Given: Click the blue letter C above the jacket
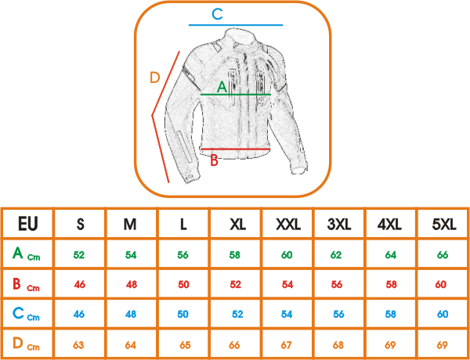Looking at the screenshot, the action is [x=217, y=14].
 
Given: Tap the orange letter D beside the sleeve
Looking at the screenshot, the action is [x=154, y=78].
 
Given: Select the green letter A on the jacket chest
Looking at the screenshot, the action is [x=222, y=87].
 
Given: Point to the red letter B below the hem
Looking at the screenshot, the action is [x=214, y=160].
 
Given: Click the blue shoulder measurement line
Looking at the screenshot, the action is [x=236, y=25].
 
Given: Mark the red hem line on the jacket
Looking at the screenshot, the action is [x=235, y=149].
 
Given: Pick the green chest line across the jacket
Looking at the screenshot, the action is [x=236, y=95].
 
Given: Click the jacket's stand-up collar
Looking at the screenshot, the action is [x=240, y=38].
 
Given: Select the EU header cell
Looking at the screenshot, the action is [x=28, y=224].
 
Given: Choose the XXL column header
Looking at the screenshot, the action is [x=288, y=224].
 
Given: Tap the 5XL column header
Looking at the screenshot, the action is [x=444, y=224].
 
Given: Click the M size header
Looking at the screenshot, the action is [x=130, y=224].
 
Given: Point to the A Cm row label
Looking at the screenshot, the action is [x=26, y=254].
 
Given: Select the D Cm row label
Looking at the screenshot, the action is [x=26, y=344].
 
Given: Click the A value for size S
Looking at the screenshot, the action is [x=79, y=255].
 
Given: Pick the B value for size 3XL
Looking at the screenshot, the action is [x=337, y=284].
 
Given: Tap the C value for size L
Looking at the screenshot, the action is [x=183, y=314].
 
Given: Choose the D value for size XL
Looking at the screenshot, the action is [x=234, y=345].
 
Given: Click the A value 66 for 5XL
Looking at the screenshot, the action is [x=443, y=255].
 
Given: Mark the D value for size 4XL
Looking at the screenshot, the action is [x=390, y=345].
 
